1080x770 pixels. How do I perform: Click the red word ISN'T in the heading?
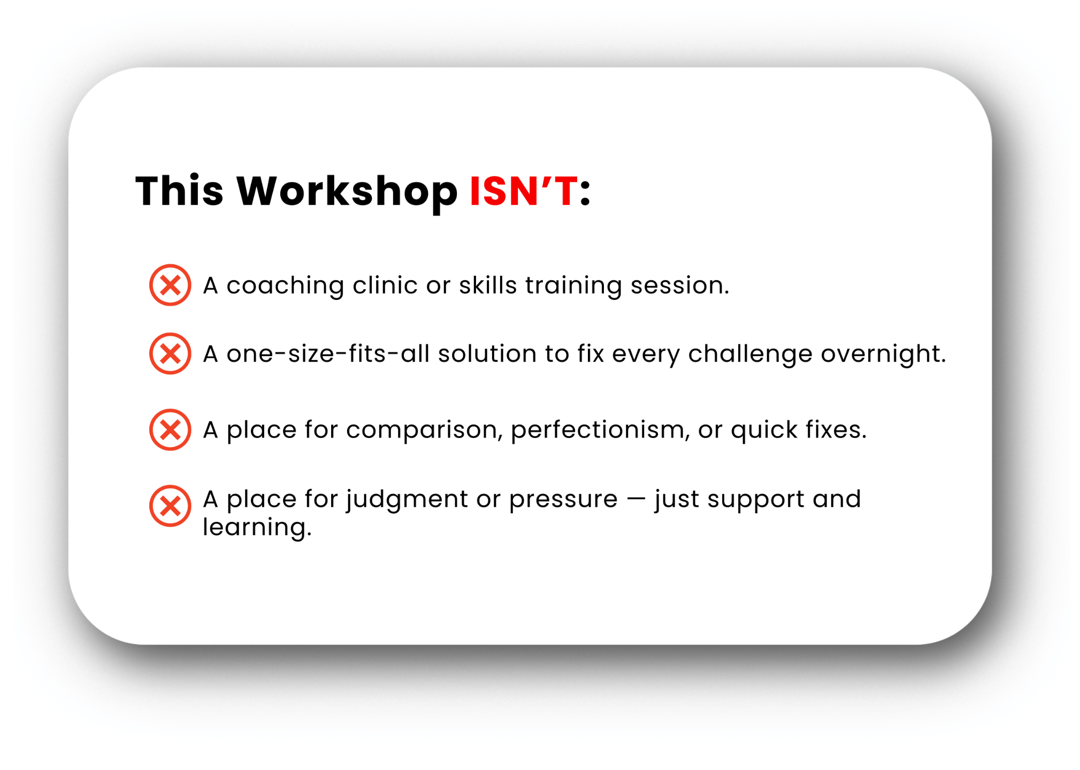524,191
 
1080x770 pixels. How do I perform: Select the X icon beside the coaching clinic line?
170,285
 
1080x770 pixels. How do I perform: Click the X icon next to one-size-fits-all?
170,353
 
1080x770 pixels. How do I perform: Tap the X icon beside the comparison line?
170,429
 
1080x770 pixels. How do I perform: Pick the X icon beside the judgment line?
170,505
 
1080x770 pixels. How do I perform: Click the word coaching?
285,286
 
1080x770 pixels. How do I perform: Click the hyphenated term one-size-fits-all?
328,353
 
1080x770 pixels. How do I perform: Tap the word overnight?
883,355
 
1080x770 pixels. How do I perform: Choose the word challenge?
750,355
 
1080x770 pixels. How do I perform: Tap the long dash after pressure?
636,499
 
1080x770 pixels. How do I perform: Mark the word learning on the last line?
257,528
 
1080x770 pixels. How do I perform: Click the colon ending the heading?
585,192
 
